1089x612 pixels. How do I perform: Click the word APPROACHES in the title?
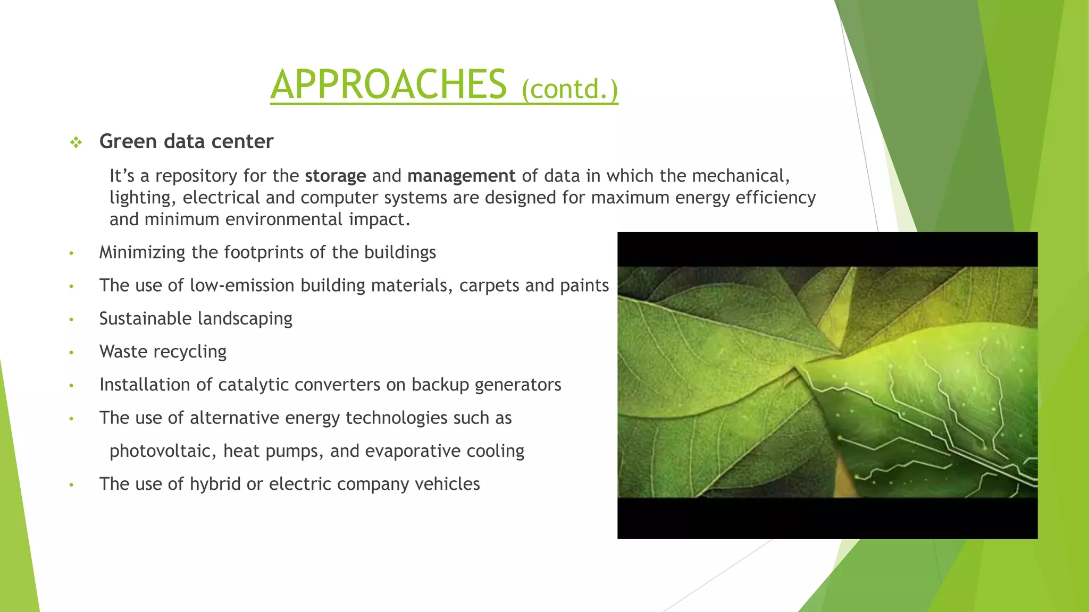(x=388, y=85)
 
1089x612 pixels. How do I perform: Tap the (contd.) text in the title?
(x=569, y=89)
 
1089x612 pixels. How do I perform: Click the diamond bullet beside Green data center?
(x=76, y=142)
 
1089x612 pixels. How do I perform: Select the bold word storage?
(x=335, y=176)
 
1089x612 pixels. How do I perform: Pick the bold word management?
(x=461, y=176)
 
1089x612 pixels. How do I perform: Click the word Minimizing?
(x=142, y=252)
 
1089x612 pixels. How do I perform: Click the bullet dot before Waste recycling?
(x=71, y=353)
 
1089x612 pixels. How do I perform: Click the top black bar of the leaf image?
(x=827, y=249)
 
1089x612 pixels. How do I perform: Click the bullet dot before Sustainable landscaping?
(x=71, y=320)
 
